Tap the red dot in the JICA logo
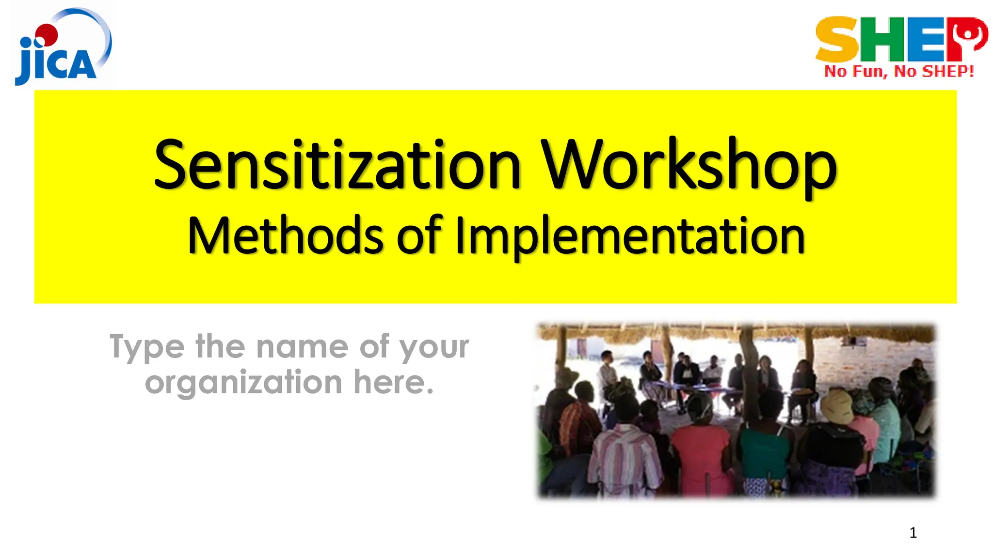(48, 33)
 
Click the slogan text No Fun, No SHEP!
(899, 72)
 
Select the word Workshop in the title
(689, 165)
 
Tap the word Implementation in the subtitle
(630, 236)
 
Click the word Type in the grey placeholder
(147, 347)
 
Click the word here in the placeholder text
(393, 383)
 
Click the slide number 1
(913, 533)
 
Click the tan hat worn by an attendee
(837, 405)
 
